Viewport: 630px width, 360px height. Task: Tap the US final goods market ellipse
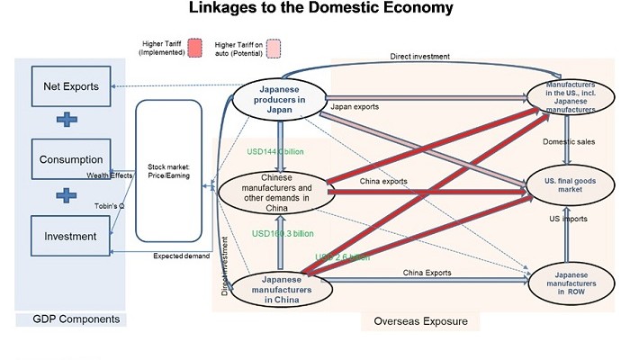[x=566, y=185]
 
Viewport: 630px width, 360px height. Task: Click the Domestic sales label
[x=566, y=141]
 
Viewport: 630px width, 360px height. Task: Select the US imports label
[x=568, y=220]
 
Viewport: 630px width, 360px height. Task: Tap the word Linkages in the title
[x=227, y=10]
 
